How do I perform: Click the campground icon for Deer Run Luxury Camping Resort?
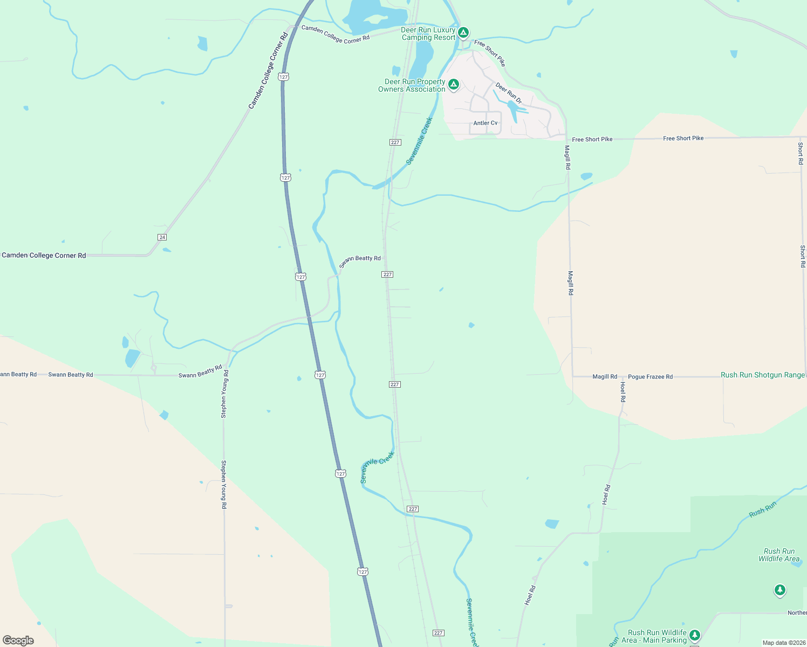click(x=463, y=33)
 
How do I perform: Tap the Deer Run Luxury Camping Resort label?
click(x=428, y=34)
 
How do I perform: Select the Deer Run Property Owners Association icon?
click(x=454, y=85)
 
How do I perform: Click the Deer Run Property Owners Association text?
click(x=412, y=86)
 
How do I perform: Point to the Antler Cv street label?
click(x=485, y=123)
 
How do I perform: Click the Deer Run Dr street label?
click(x=509, y=93)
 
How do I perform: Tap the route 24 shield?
click(x=162, y=237)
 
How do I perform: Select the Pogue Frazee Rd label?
click(x=650, y=377)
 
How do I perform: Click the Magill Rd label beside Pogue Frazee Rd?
click(x=605, y=377)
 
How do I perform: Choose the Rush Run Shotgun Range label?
click(x=762, y=375)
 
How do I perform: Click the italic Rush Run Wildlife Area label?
click(x=779, y=555)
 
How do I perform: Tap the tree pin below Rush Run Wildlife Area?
click(x=779, y=590)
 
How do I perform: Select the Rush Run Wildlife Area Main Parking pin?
click(x=695, y=635)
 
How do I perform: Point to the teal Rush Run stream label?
click(x=763, y=510)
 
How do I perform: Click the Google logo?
click(x=18, y=640)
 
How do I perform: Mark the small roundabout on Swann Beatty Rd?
click(x=154, y=368)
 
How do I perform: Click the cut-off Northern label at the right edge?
click(x=797, y=612)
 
